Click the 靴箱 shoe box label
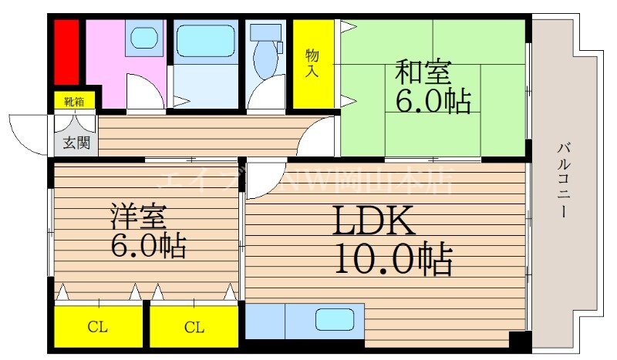tap(74, 101)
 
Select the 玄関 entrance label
tap(74, 142)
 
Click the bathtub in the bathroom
tap(204, 42)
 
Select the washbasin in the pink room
tap(143, 38)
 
